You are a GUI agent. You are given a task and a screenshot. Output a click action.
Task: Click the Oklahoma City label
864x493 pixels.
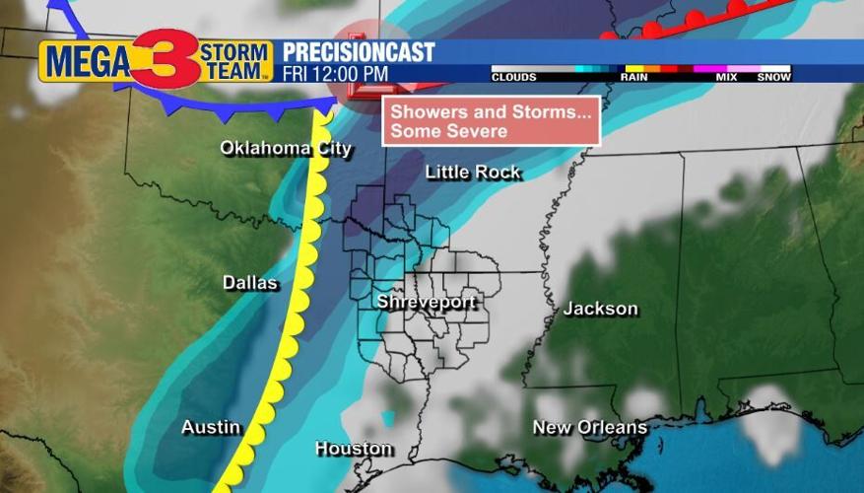[x=285, y=149]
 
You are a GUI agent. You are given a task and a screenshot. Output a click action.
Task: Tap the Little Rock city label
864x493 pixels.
[x=473, y=173]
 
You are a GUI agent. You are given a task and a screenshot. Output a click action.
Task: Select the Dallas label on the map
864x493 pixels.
[x=250, y=283]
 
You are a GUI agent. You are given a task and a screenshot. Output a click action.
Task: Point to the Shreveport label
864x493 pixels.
[x=427, y=303]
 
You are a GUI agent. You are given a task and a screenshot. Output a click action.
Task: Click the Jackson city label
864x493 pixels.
[x=600, y=309]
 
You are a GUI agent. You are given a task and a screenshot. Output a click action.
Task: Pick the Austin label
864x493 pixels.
[x=211, y=427]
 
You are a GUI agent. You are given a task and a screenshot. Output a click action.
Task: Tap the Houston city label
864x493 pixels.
[x=354, y=449]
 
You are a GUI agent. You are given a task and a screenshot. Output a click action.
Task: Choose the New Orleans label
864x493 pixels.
[x=589, y=427]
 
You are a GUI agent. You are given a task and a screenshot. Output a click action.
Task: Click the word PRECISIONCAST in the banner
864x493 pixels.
[x=359, y=52]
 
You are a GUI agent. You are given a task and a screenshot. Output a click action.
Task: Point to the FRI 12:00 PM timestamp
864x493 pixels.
[x=335, y=74]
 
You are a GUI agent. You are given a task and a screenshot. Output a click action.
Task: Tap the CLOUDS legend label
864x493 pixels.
[x=514, y=77]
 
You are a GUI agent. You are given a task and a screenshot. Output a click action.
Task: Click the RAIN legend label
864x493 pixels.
[x=633, y=77]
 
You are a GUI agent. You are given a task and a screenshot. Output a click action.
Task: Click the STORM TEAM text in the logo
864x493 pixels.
[x=235, y=61]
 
